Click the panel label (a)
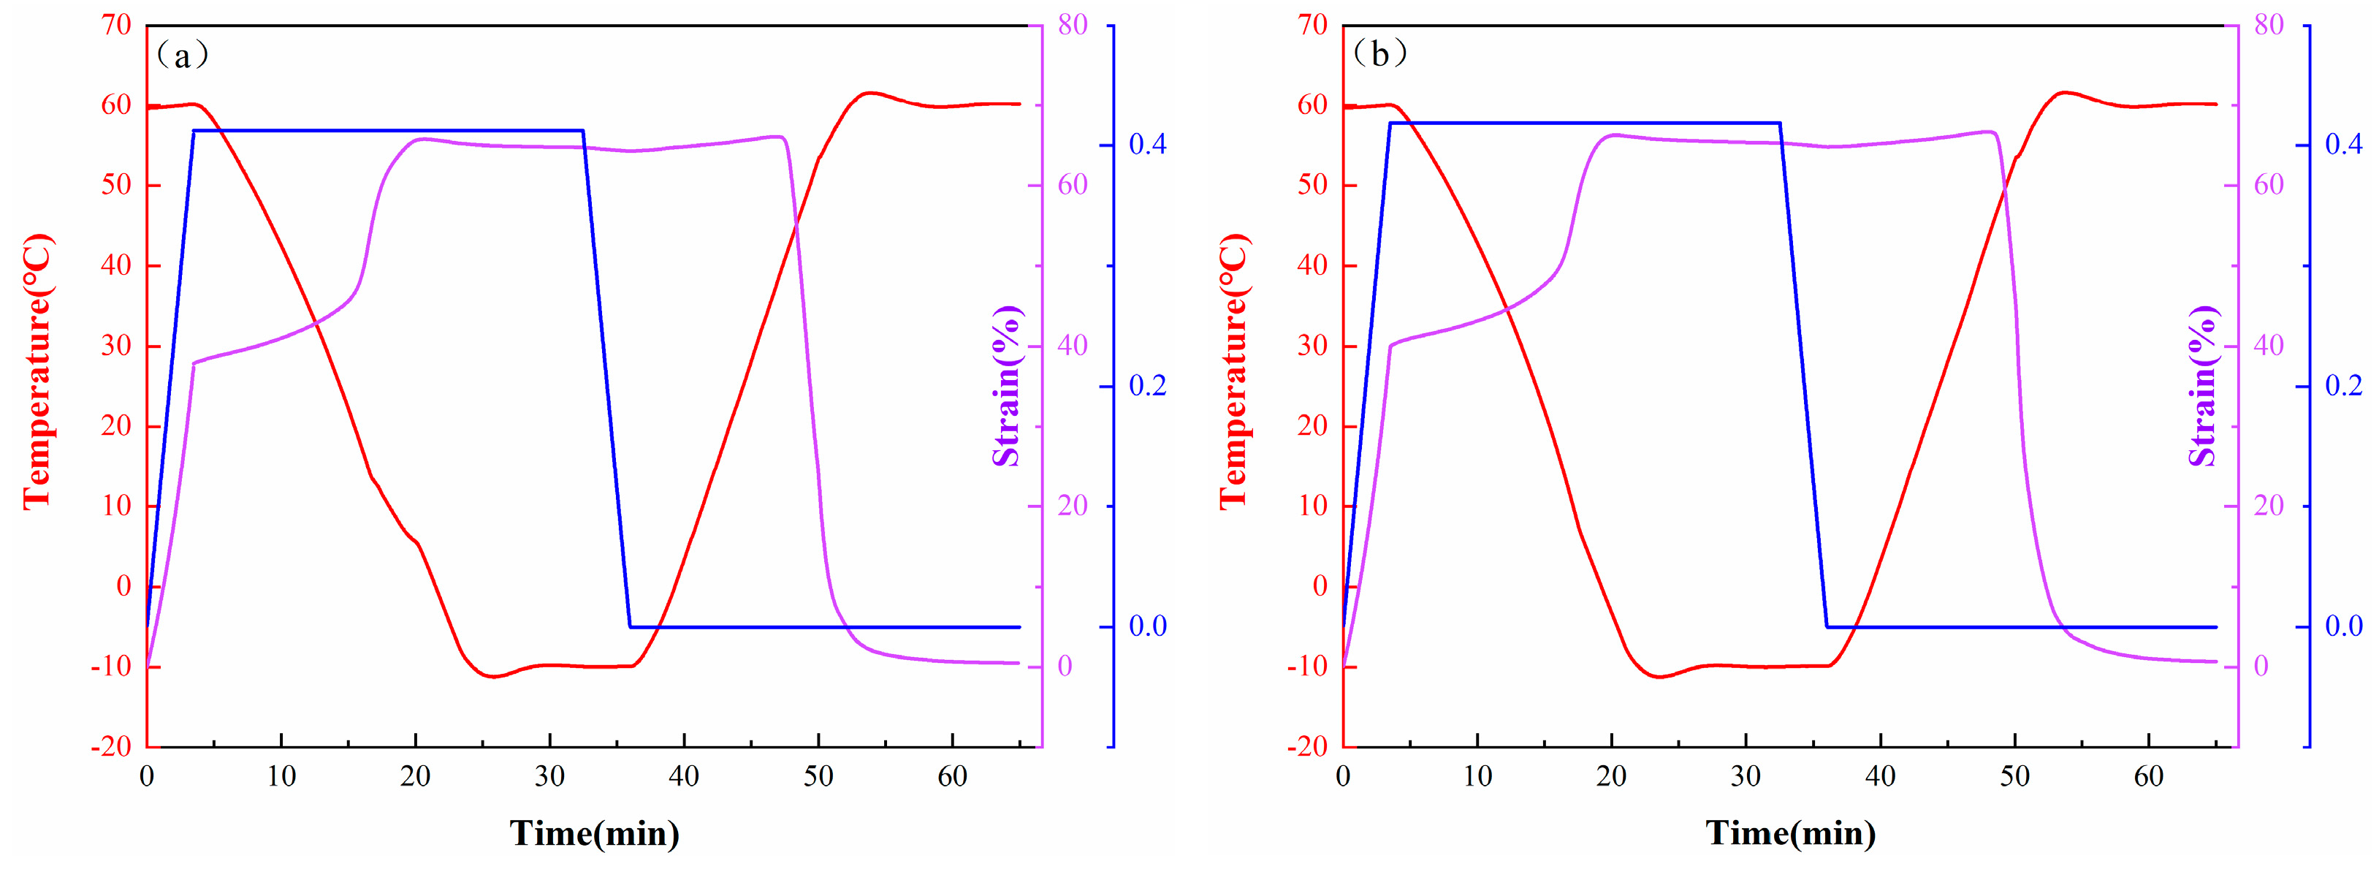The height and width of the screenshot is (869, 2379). pyautogui.click(x=182, y=56)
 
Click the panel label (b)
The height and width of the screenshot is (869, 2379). pyautogui.click(x=1379, y=55)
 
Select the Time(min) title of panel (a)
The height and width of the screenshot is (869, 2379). pyautogui.click(x=595, y=833)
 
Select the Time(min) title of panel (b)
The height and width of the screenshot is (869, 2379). pyautogui.click(x=1791, y=833)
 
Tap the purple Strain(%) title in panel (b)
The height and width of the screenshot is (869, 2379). pyautogui.click(x=2203, y=385)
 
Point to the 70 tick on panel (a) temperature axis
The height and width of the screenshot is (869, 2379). pyautogui.click(x=118, y=25)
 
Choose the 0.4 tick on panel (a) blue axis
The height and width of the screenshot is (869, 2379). pyautogui.click(x=1147, y=144)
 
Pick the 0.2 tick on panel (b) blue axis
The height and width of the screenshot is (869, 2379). pyautogui.click(x=2343, y=385)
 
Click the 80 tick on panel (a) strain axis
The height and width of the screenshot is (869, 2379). pyautogui.click(x=1072, y=25)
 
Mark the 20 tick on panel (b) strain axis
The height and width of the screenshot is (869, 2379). pyautogui.click(x=2268, y=506)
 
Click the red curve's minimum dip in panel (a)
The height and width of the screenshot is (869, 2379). pyautogui.click(x=494, y=677)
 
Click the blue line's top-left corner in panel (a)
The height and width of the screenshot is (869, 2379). pyautogui.click(x=194, y=130)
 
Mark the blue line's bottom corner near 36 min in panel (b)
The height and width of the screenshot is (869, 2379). pyautogui.click(x=1827, y=627)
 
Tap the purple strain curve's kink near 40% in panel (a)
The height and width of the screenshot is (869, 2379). pyautogui.click(x=193, y=363)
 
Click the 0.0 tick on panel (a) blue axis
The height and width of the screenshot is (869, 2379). pyautogui.click(x=1147, y=626)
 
